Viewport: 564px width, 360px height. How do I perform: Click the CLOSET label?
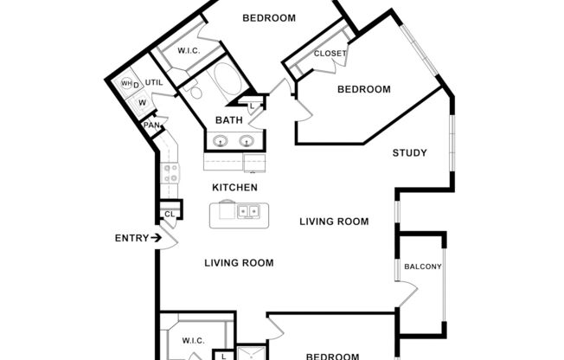pyautogui.click(x=330, y=54)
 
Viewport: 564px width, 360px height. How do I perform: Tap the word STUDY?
pyautogui.click(x=409, y=153)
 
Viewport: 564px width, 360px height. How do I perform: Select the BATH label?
pyautogui.click(x=229, y=120)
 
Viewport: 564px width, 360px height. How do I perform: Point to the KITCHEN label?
pyautogui.click(x=234, y=188)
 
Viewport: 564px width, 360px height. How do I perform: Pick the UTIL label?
pyautogui.click(x=154, y=83)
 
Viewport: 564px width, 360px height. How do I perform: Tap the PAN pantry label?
pyautogui.click(x=151, y=125)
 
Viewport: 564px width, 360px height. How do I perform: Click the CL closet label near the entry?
pyautogui.click(x=170, y=214)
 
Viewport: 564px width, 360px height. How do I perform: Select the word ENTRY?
pyautogui.click(x=131, y=238)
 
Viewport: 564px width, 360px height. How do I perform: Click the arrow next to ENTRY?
pyautogui.click(x=157, y=238)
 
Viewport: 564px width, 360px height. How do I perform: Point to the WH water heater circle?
pyautogui.click(x=126, y=83)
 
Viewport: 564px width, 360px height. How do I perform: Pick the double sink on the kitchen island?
pyautogui.click(x=249, y=210)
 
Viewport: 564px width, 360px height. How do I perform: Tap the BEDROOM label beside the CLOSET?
pyautogui.click(x=363, y=89)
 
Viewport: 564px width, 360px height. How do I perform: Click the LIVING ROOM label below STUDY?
pyautogui.click(x=334, y=222)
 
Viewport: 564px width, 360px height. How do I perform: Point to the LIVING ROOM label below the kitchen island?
pyautogui.click(x=239, y=263)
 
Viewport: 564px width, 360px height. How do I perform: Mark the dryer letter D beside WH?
pyautogui.click(x=137, y=83)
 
